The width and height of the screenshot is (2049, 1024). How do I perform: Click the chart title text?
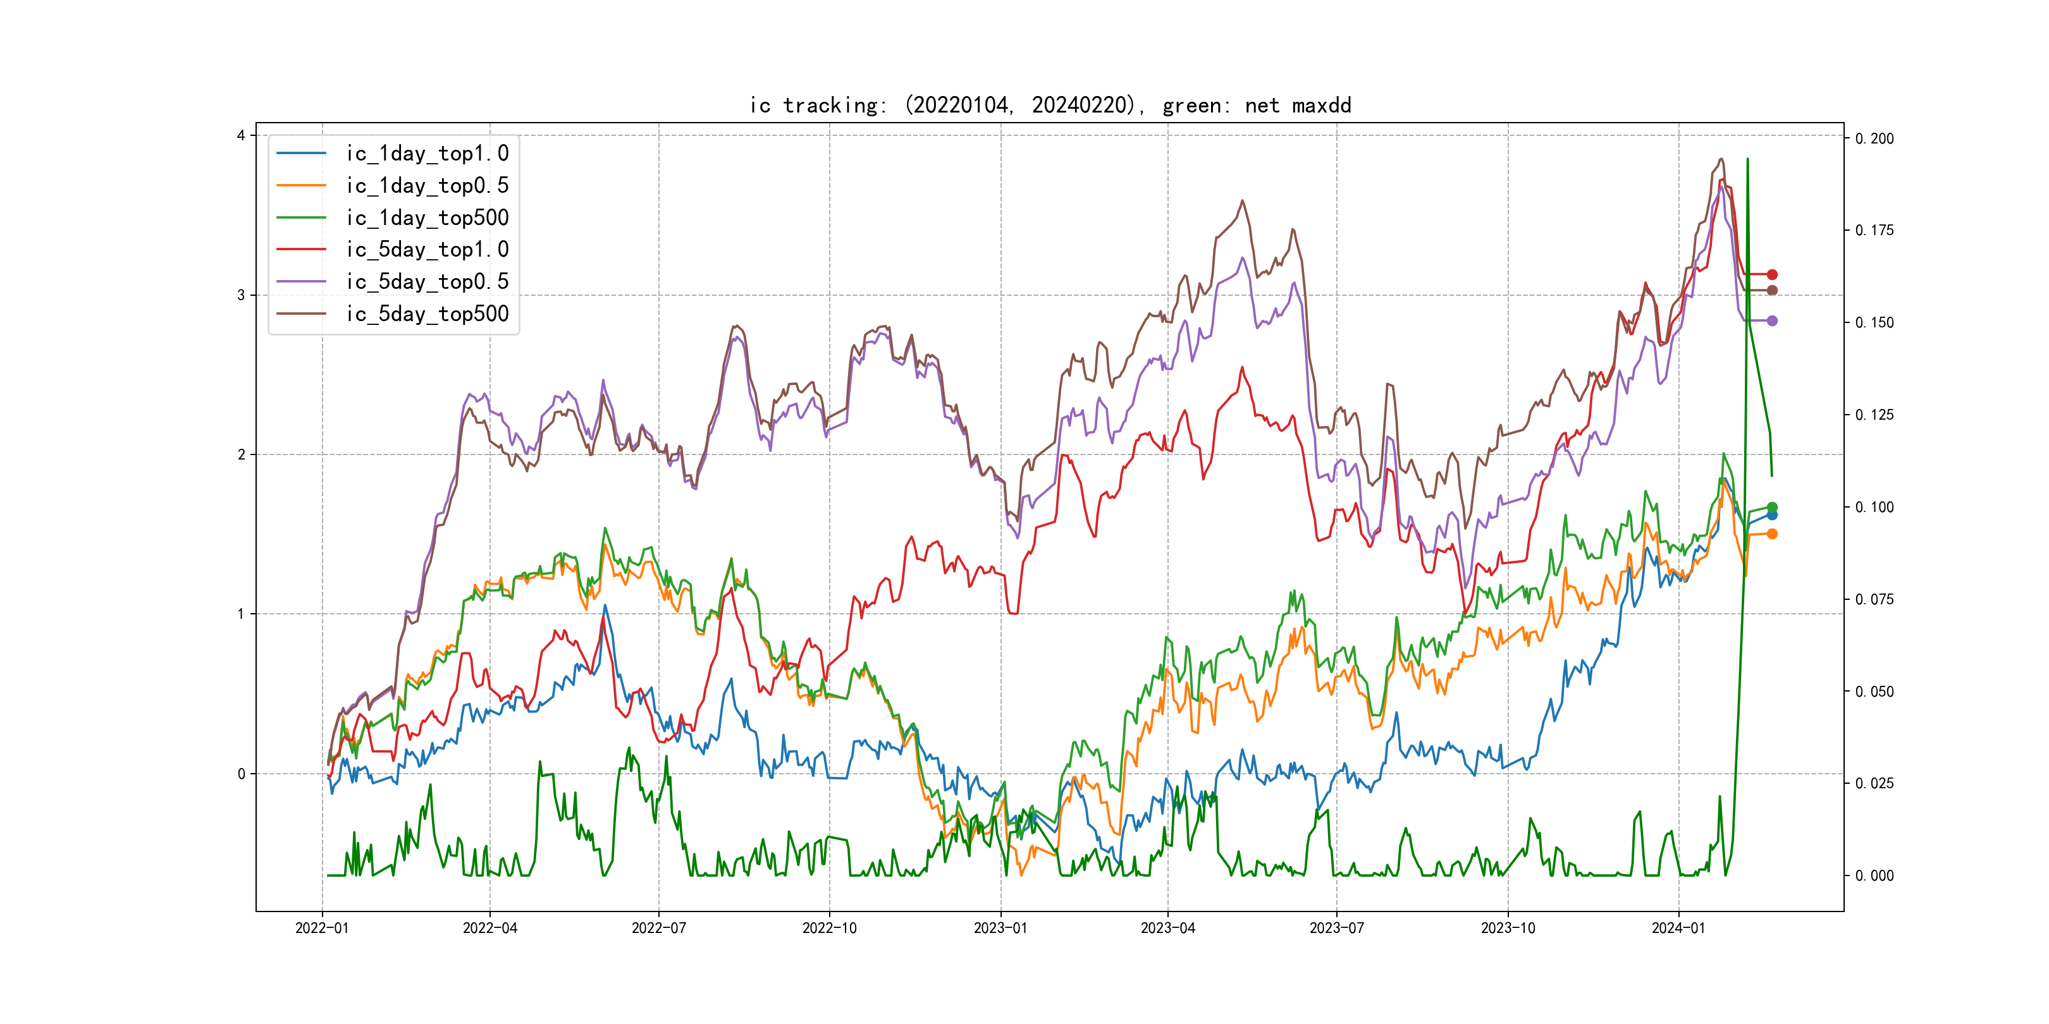[1050, 105]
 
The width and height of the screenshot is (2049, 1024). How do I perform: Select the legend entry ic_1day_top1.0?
[427, 154]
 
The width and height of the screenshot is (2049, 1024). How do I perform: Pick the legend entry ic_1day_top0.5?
[427, 185]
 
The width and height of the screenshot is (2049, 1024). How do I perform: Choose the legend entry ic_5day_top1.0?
[427, 250]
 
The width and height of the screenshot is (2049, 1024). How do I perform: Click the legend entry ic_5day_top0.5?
[427, 281]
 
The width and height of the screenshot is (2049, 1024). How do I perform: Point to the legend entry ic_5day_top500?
[427, 314]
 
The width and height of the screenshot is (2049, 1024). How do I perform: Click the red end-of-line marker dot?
[1772, 274]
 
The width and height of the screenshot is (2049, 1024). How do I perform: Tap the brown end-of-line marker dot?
[1772, 290]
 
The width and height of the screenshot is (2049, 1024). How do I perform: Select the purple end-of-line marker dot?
[1772, 320]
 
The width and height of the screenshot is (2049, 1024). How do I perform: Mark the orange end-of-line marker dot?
[1772, 533]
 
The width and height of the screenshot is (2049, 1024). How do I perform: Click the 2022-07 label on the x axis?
[658, 928]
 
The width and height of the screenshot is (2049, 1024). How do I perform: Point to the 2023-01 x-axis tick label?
[1000, 928]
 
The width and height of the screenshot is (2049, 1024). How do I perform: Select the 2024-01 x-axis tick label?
[1678, 928]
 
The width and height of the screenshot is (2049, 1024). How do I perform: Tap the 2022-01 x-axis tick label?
[322, 928]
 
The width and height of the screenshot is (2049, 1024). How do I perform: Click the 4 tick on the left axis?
[240, 136]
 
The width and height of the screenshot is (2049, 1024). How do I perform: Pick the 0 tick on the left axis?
[240, 774]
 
